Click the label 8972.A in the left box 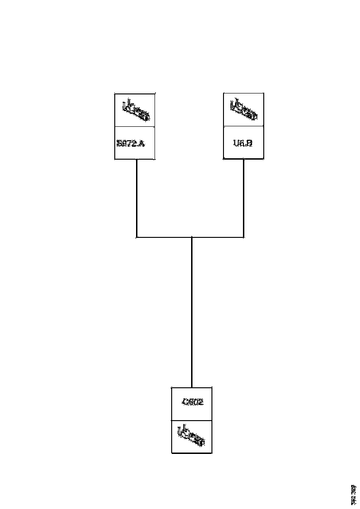(130, 143)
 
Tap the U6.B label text (243, 143)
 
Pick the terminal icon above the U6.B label (243, 109)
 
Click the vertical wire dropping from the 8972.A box (137, 199)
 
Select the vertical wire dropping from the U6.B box (244, 199)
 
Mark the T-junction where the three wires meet (192, 237)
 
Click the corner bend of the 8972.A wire (137, 237)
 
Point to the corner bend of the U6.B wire (244, 237)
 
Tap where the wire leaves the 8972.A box (137, 160)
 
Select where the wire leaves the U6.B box (244, 160)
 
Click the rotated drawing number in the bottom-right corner (354, 494)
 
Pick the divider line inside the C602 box (192, 420)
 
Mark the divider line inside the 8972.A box (135, 126)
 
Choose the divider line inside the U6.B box (243, 126)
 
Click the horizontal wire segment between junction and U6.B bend (217, 237)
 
